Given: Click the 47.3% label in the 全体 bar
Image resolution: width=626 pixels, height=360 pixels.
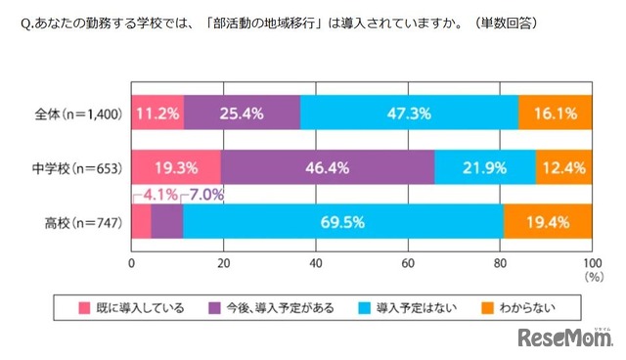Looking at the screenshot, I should click(x=409, y=113).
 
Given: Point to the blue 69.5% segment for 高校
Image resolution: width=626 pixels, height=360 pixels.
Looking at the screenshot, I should click(x=341, y=222).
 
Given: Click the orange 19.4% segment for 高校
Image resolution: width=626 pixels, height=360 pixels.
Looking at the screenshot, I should click(x=548, y=222).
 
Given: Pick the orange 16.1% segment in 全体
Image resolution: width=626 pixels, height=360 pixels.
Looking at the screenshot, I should click(x=555, y=113).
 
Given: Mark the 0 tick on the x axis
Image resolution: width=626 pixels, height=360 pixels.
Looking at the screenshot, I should click(x=132, y=263).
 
